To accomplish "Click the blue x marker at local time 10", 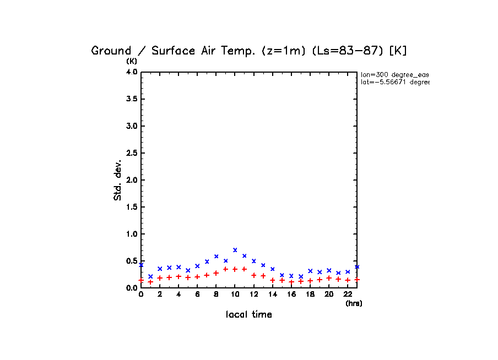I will coord(235,250).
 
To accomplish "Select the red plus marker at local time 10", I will coord(235,269).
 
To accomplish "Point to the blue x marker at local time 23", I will coord(357,266).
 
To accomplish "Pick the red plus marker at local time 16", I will coord(291,282).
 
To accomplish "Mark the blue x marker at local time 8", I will coord(216,257).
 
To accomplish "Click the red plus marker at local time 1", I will coord(150,282).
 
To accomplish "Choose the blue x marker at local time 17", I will coord(301,276).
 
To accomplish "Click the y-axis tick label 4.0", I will coord(131,72).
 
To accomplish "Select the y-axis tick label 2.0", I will coord(131,180).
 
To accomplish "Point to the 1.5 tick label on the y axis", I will coord(131,207).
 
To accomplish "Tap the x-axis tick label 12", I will coord(253,294).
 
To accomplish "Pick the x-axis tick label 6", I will coord(197,294).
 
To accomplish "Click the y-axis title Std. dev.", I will coord(118,180).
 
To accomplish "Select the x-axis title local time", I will coord(249,315).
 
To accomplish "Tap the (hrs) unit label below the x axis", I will coord(354,303).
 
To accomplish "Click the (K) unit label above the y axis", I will coord(132,61).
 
